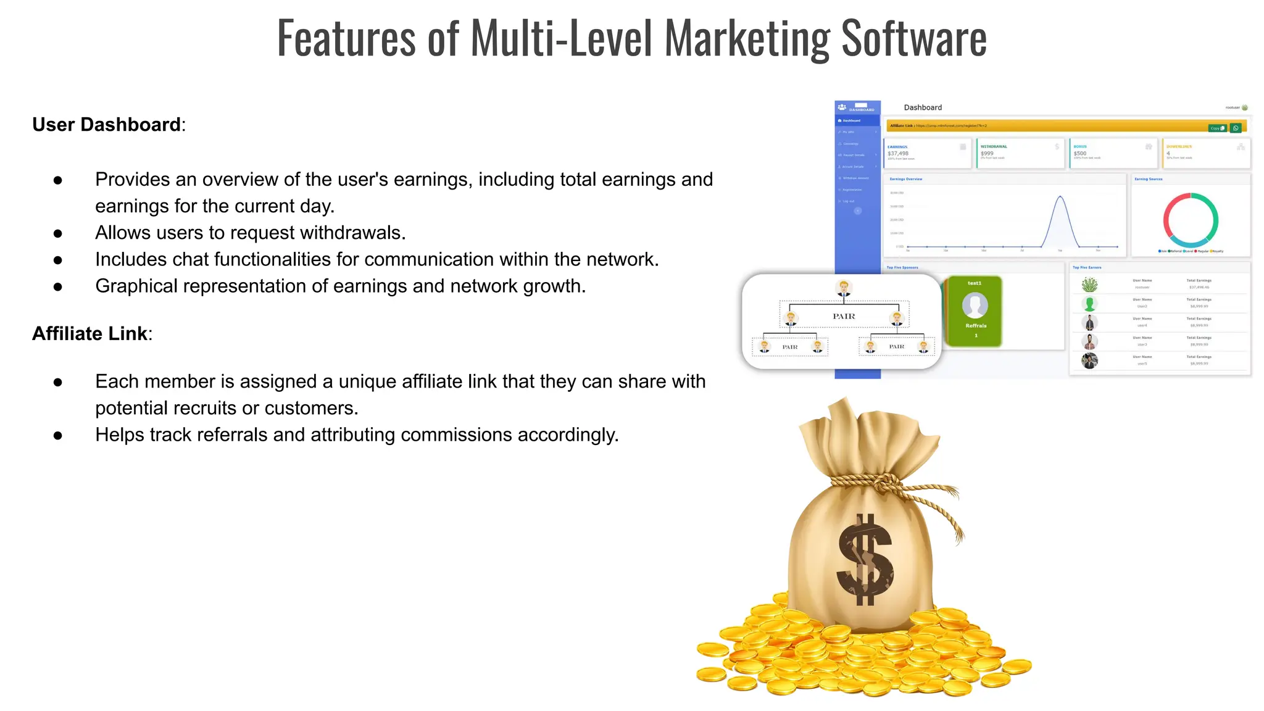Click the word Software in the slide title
tap(913, 38)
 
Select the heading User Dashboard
tap(106, 125)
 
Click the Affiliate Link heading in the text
tap(89, 334)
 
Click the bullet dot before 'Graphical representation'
tap(58, 286)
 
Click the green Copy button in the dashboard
tap(1217, 128)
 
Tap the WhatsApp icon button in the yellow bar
tap(1236, 128)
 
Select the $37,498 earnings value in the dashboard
tap(898, 154)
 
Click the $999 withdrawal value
tap(987, 154)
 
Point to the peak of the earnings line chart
tap(1060, 197)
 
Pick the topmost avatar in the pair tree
tap(844, 288)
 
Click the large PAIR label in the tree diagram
tap(844, 317)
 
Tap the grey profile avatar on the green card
tap(975, 305)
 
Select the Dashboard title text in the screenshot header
tap(923, 107)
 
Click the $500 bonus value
tap(1080, 154)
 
